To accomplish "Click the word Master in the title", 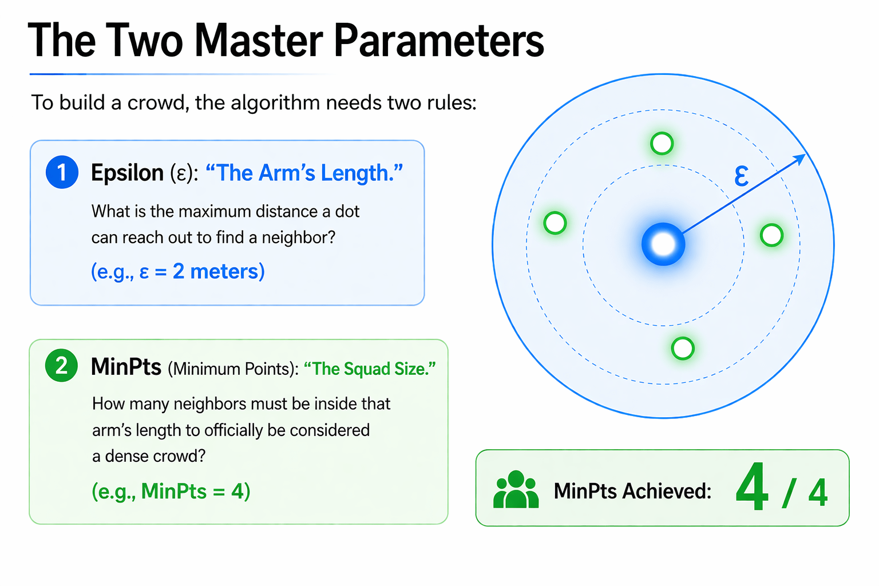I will (259, 41).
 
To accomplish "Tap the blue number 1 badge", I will (62, 172).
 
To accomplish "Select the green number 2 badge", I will (61, 366).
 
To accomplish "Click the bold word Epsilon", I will (127, 173).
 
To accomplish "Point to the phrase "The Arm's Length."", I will (304, 173).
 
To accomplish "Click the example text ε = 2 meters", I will (178, 271).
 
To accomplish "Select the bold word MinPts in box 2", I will (126, 367).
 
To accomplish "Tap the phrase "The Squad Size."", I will (370, 369).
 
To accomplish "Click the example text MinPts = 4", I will (171, 491).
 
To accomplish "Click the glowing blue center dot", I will (663, 244).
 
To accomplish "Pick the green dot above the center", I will (662, 143).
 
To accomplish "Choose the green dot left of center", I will (555, 223).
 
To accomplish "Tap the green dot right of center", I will (771, 235).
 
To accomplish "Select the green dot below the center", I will (683, 348).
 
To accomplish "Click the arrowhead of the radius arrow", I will (801, 159).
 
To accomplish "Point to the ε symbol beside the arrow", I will (741, 176).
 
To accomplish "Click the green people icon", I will (516, 490).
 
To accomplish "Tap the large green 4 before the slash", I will (752, 488).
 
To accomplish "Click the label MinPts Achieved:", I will (632, 491).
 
